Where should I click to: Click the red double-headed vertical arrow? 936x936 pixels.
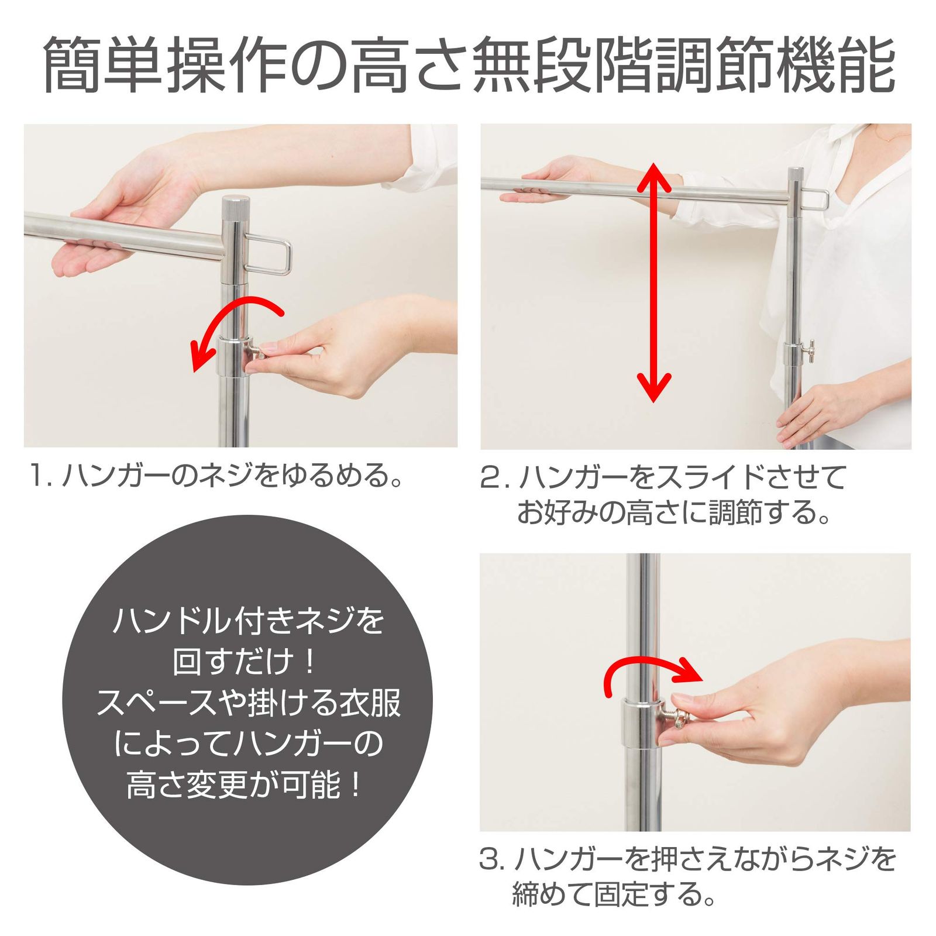(x=653, y=283)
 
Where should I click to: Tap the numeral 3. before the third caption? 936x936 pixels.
(x=493, y=859)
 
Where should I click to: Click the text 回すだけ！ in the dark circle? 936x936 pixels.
(x=246, y=662)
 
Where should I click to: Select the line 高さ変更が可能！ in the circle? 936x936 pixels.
(x=246, y=784)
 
